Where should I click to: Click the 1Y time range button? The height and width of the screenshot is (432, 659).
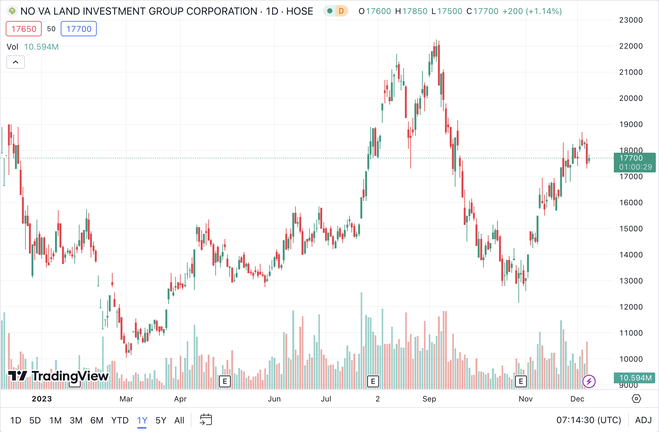[142, 420]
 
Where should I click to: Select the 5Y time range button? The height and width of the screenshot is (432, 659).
[161, 420]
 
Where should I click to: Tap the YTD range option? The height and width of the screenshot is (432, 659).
[120, 420]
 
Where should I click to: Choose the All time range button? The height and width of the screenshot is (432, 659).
[179, 420]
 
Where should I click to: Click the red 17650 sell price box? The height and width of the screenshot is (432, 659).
[24, 29]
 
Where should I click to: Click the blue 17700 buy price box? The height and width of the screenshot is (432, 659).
[79, 29]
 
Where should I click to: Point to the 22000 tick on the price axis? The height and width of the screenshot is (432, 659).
[631, 46]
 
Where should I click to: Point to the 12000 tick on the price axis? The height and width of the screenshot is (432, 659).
[631, 307]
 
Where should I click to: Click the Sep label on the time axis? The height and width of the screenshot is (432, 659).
[429, 399]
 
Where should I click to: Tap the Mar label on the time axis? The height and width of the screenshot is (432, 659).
[126, 399]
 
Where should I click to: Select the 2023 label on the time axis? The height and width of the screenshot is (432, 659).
[42, 399]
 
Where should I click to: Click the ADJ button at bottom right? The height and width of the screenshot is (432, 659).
[643, 420]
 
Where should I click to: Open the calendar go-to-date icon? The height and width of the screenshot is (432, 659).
[206, 420]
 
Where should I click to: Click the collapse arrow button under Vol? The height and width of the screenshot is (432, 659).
[16, 62]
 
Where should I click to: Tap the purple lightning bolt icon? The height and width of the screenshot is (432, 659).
[589, 381]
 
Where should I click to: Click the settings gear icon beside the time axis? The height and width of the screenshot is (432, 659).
[636, 399]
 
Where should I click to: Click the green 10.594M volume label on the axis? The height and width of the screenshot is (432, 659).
[635, 378]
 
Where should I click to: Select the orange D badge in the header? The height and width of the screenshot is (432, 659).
[341, 11]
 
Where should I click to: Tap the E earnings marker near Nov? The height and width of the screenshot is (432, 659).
[521, 381]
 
